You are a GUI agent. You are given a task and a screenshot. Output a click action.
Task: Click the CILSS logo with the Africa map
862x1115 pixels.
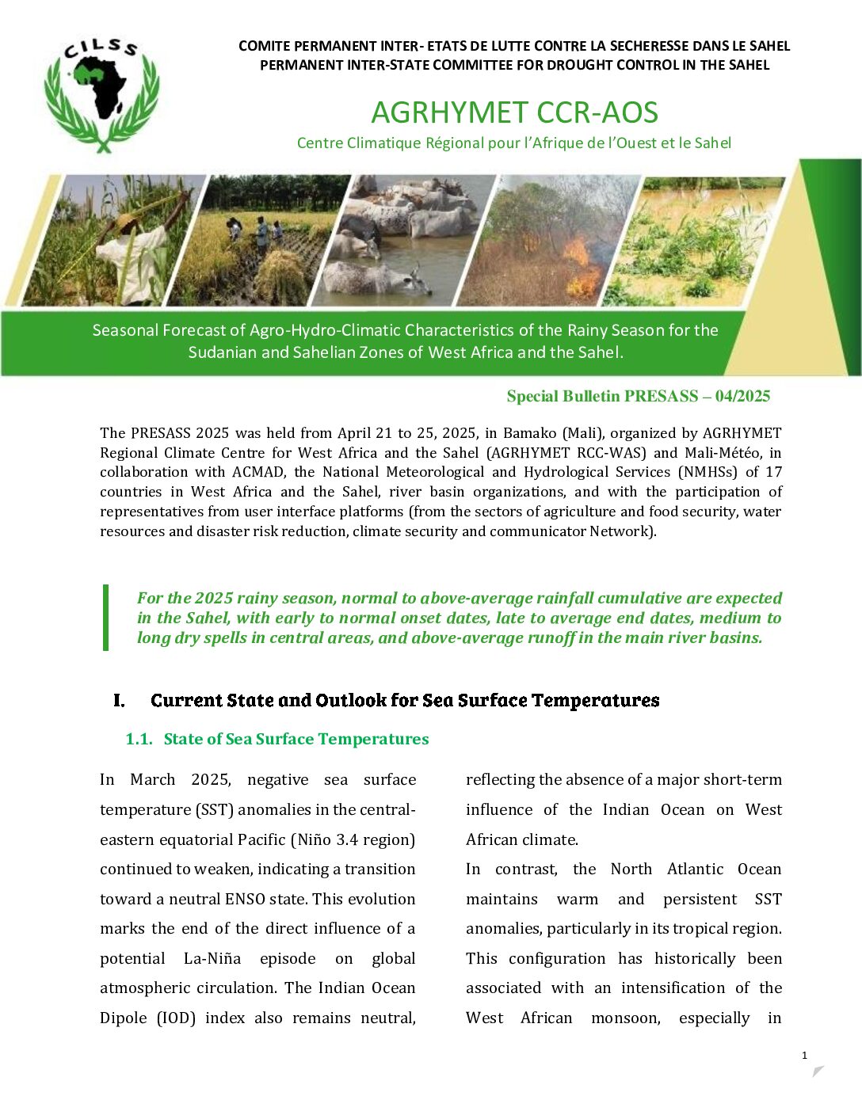(101, 93)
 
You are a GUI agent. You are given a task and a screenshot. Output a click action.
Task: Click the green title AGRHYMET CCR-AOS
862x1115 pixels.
(514, 112)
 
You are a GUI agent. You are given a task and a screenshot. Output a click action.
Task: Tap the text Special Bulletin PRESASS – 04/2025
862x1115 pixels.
(638, 397)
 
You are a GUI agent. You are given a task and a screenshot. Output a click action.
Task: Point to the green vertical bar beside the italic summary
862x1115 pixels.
(106, 618)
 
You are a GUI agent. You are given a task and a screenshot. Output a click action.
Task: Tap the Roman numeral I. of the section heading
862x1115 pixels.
(119, 701)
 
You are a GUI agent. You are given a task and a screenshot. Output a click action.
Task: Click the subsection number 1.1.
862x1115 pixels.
(139, 740)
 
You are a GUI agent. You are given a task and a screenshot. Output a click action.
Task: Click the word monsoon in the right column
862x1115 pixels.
(625, 1018)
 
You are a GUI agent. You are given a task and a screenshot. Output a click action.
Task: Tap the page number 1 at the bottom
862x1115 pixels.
(804, 1055)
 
